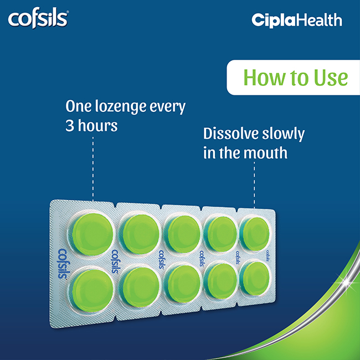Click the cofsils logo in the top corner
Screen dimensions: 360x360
point(38,20)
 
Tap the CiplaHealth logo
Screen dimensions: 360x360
point(297,20)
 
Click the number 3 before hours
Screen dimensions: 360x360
point(70,126)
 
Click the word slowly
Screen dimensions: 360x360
point(284,135)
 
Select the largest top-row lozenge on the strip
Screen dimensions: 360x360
point(92,234)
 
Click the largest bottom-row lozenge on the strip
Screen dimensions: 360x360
point(92,290)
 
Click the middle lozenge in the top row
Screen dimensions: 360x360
point(183,234)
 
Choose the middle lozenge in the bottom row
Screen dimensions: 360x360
point(183,283)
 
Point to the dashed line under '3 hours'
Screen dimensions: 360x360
point(92,169)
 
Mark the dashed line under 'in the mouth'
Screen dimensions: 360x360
point(254,185)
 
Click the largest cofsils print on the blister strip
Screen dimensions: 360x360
point(61,264)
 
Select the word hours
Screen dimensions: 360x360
point(98,126)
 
